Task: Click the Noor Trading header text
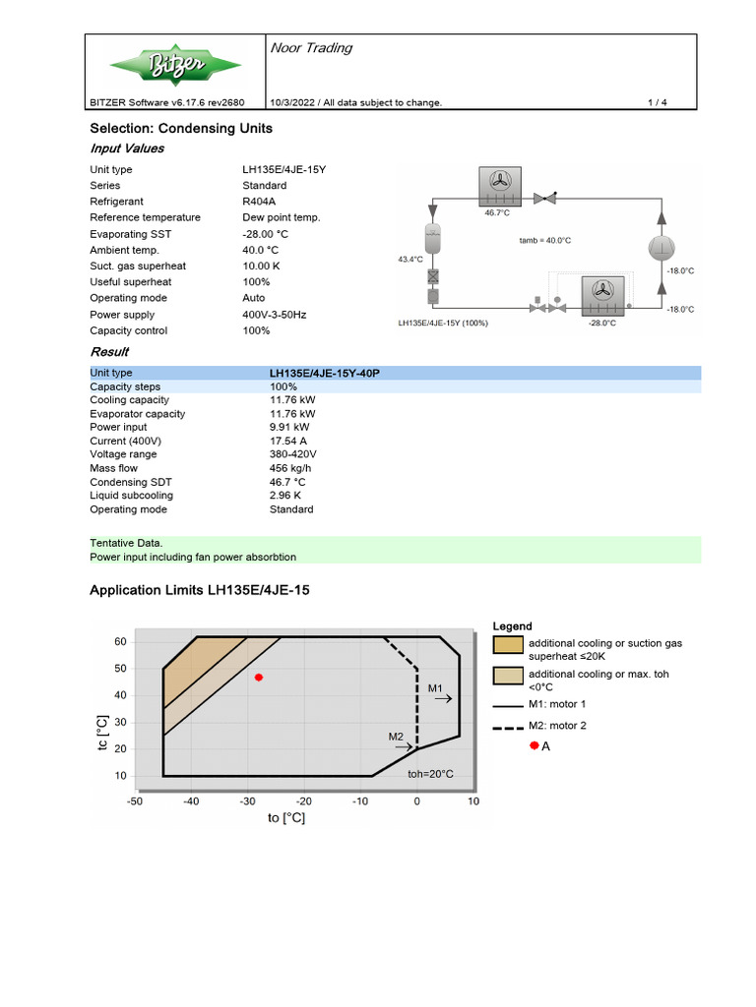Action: [x=311, y=48]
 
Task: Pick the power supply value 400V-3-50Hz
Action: [x=275, y=315]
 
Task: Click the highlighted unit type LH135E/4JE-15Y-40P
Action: [x=325, y=374]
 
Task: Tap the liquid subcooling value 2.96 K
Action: [x=287, y=496]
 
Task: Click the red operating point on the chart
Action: [x=259, y=678]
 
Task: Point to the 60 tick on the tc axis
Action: [x=121, y=641]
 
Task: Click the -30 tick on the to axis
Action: [x=248, y=801]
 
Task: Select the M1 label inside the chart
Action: [x=436, y=688]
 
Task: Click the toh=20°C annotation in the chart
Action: [x=430, y=774]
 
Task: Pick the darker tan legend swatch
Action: [x=508, y=645]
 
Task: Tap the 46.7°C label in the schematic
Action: [x=496, y=212]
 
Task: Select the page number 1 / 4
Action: [x=657, y=102]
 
